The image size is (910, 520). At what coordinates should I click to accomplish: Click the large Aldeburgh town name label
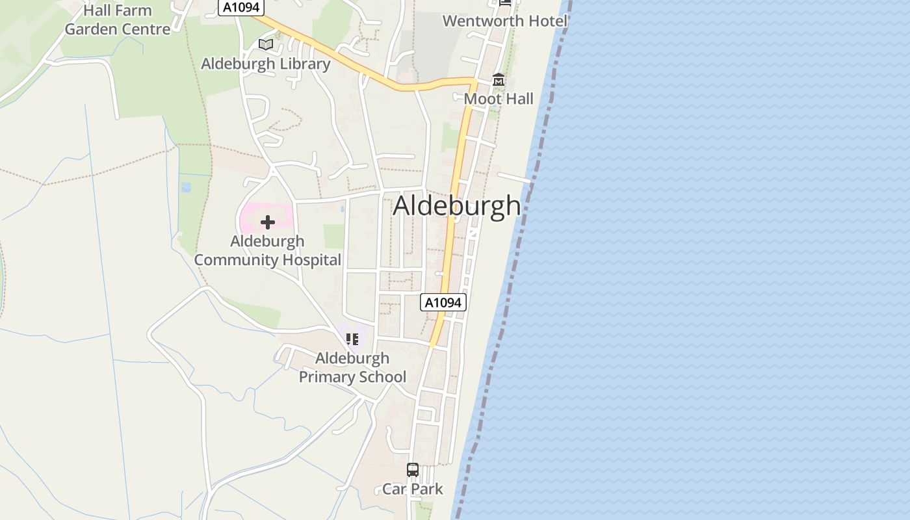click(x=457, y=206)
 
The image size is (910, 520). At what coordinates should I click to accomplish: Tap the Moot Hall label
click(x=499, y=99)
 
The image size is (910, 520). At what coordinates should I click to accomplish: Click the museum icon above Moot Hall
click(x=499, y=80)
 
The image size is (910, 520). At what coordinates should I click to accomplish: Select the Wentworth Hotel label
click(x=505, y=21)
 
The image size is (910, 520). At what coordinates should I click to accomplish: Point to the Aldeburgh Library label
click(x=265, y=64)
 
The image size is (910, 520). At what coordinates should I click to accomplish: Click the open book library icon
click(x=265, y=44)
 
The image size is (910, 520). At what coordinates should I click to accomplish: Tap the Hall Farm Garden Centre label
click(x=118, y=20)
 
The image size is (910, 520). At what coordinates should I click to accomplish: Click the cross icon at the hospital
click(x=267, y=222)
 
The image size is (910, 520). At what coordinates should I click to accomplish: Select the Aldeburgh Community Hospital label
click(x=267, y=250)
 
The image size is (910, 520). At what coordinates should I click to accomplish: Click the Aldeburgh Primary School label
click(x=352, y=367)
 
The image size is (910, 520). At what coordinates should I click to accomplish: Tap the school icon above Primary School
click(x=352, y=339)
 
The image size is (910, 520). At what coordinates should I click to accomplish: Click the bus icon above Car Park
click(x=413, y=469)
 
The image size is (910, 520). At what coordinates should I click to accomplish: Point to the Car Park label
click(x=413, y=489)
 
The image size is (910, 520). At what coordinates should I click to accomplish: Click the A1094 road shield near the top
click(x=240, y=7)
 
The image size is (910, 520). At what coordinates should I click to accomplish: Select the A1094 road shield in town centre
click(x=443, y=302)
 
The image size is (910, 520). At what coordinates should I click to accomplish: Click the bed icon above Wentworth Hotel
click(x=506, y=2)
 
